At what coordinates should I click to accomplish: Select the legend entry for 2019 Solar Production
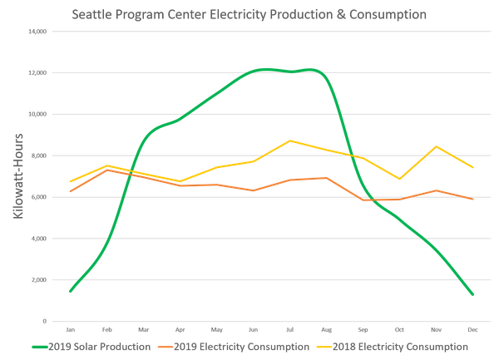[x=88, y=344]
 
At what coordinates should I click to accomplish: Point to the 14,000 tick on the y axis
[x=37, y=32]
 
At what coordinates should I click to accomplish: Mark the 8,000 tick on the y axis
[x=39, y=155]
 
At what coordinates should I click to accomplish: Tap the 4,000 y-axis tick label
[x=39, y=239]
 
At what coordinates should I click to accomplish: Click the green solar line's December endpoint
[x=472, y=294]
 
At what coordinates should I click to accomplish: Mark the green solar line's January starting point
[x=70, y=292]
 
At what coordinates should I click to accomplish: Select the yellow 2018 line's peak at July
[x=289, y=140]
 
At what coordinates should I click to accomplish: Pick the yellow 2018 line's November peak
[x=436, y=145]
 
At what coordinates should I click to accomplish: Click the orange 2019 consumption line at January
[x=70, y=191]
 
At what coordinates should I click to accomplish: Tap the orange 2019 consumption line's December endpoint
[x=472, y=200]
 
